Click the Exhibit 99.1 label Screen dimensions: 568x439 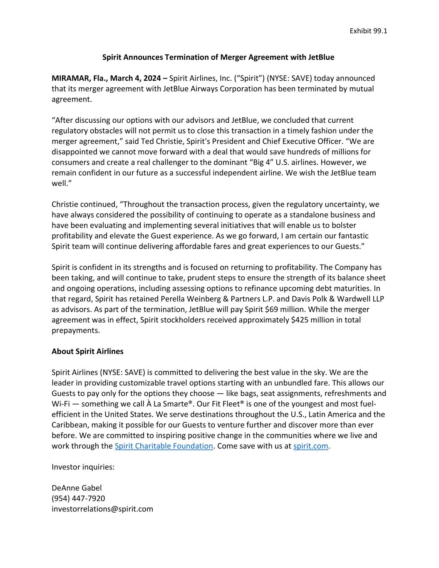pyautogui.click(x=368, y=31)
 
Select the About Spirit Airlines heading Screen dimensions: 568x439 pyautogui.click(x=87, y=351)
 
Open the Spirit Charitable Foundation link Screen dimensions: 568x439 pyautogui.click(x=164, y=446)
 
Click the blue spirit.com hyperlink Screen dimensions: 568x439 pyautogui.click(x=310, y=446)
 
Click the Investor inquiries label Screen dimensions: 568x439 pyautogui.click(x=83, y=467)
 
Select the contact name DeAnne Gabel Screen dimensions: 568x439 pyautogui.click(x=77, y=488)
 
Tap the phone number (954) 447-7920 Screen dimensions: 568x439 pyautogui.click(x=78, y=498)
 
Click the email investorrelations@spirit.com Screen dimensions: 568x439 pyautogui.click(x=102, y=509)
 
